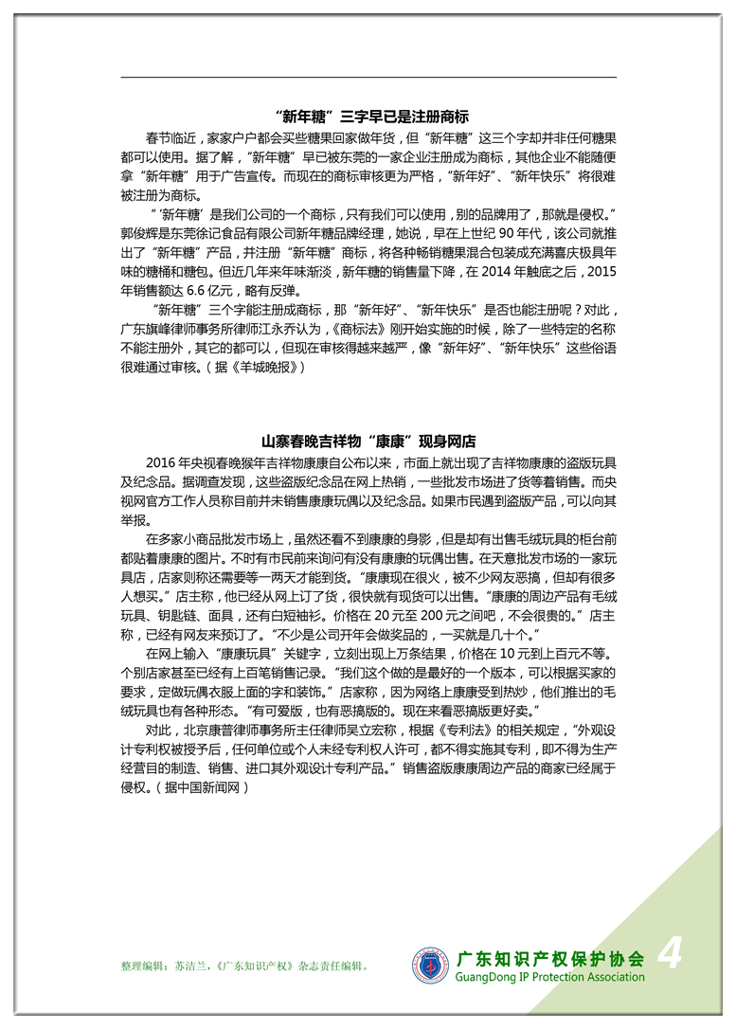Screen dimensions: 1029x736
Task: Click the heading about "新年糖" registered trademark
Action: coord(369,117)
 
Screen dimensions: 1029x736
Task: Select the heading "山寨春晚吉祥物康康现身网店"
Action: coord(368,442)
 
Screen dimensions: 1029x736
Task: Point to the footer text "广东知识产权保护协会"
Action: coord(549,958)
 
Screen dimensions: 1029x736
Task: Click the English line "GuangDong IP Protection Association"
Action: coord(549,977)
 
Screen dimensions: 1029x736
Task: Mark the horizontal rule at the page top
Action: coord(368,77)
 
